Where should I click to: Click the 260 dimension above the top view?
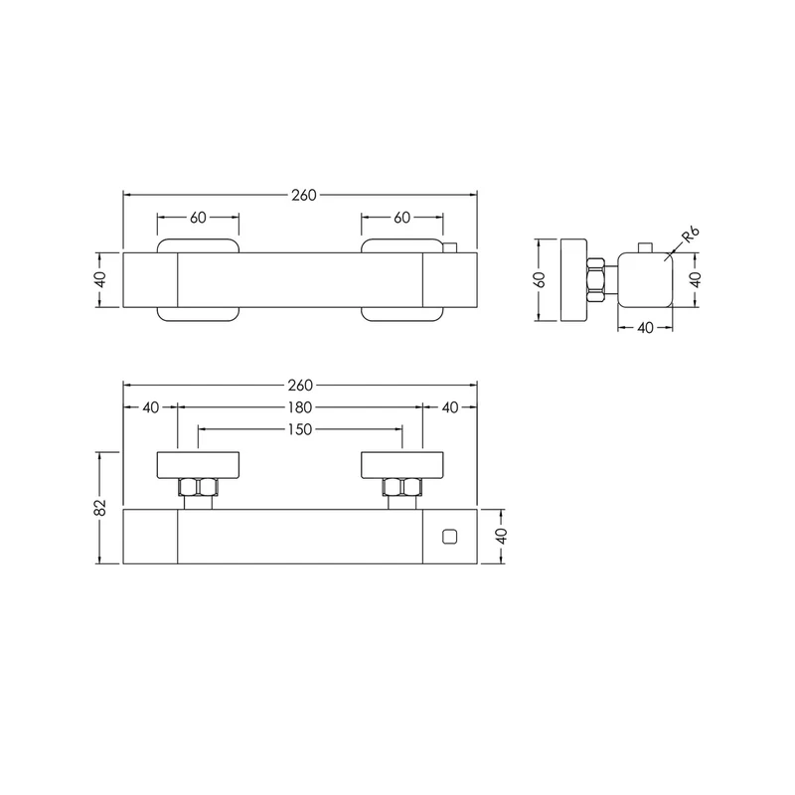pyautogui.click(x=304, y=195)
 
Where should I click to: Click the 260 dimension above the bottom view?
pyautogui.click(x=300, y=386)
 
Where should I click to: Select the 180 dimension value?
pyautogui.click(x=300, y=407)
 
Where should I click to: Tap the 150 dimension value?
pyautogui.click(x=300, y=429)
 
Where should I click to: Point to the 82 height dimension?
pyautogui.click(x=101, y=508)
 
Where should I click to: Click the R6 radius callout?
pyautogui.click(x=691, y=235)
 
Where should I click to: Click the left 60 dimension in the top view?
pyautogui.click(x=198, y=218)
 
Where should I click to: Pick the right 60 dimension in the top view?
pyautogui.click(x=402, y=218)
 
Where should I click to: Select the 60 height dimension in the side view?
pyautogui.click(x=540, y=280)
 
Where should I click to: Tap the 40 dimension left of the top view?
pyautogui.click(x=101, y=280)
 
